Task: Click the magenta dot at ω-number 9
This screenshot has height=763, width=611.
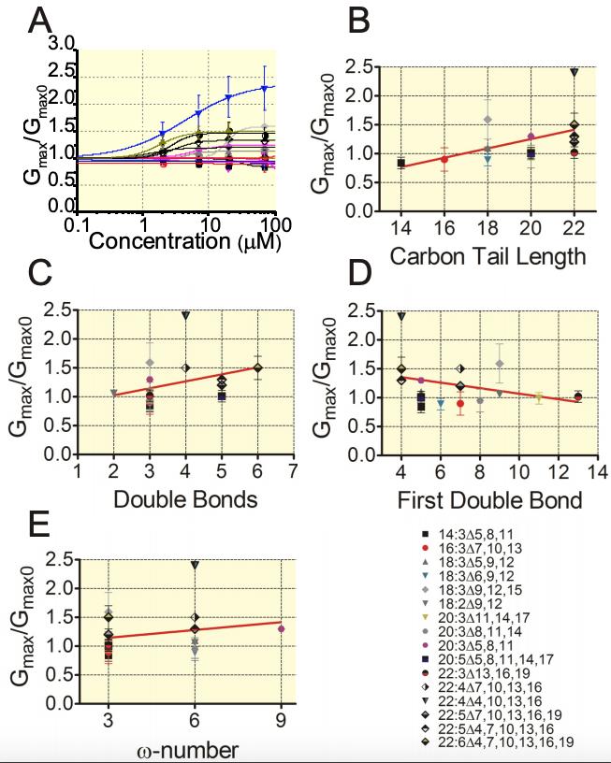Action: (281, 629)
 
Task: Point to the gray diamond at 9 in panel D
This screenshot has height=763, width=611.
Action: (500, 363)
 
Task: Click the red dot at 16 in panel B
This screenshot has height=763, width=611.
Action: (444, 159)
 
